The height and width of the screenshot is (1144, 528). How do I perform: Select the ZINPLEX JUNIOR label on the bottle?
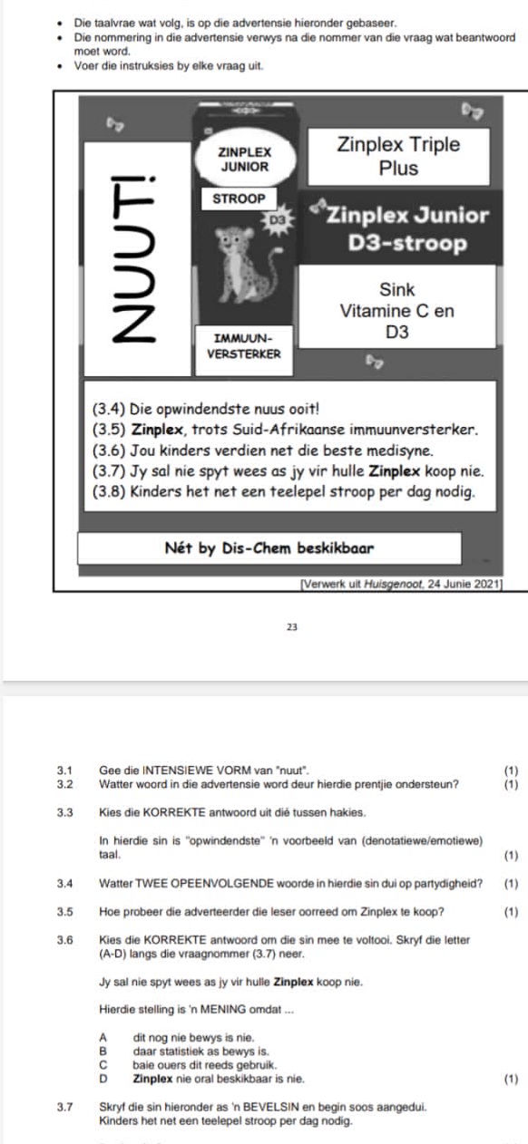pyautogui.click(x=244, y=160)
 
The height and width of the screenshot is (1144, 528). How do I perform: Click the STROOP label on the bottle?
pyautogui.click(x=239, y=199)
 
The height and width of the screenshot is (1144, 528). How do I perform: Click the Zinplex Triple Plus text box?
pyautogui.click(x=398, y=156)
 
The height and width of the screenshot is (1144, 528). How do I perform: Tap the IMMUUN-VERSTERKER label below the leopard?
pyautogui.click(x=244, y=346)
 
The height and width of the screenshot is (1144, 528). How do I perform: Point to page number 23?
pyautogui.click(x=292, y=626)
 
